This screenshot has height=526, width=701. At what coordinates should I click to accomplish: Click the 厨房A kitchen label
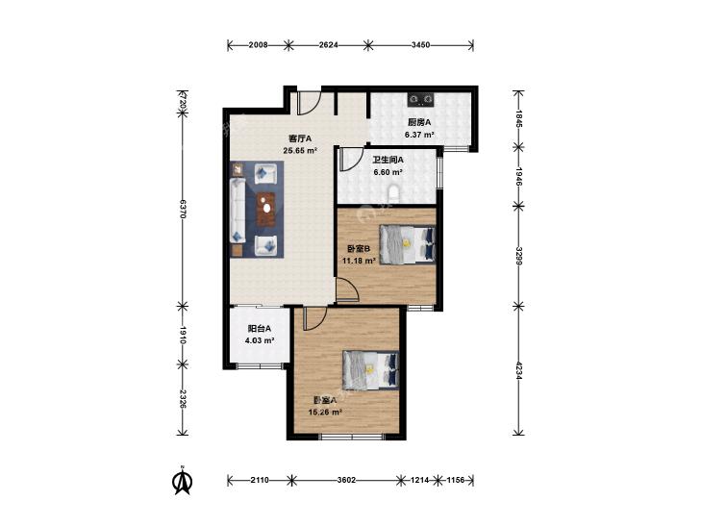tap(418, 122)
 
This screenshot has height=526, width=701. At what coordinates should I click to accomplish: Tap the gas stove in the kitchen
tap(420, 99)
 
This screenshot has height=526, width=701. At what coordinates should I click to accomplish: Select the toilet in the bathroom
tap(394, 192)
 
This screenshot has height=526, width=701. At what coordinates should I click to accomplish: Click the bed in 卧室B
tap(407, 244)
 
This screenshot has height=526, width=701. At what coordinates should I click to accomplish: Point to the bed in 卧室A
tap(370, 370)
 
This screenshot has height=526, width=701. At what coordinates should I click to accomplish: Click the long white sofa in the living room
tap(238, 211)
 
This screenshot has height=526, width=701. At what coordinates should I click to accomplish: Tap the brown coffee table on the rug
tap(267, 209)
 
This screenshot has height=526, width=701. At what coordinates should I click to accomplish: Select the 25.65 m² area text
tap(299, 151)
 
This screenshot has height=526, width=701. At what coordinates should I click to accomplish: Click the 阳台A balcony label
tap(260, 329)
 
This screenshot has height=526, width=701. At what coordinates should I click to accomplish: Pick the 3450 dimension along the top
tap(420, 44)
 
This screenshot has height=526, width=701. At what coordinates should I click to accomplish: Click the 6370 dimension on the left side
tap(183, 209)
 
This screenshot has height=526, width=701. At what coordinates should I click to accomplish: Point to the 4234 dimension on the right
tap(518, 370)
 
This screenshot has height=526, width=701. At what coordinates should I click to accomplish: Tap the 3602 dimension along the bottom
tap(346, 480)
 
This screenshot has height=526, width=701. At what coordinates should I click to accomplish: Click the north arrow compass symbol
tap(183, 480)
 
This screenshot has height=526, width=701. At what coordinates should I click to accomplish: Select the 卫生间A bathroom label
tap(388, 160)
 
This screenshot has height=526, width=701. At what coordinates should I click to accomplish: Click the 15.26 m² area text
tap(325, 412)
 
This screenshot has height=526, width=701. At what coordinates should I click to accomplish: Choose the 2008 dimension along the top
tap(258, 44)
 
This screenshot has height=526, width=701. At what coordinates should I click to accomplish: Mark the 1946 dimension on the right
tap(518, 176)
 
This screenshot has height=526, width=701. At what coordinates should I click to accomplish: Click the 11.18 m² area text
tap(359, 261)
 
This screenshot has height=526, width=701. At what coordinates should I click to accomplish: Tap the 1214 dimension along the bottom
tap(420, 480)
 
